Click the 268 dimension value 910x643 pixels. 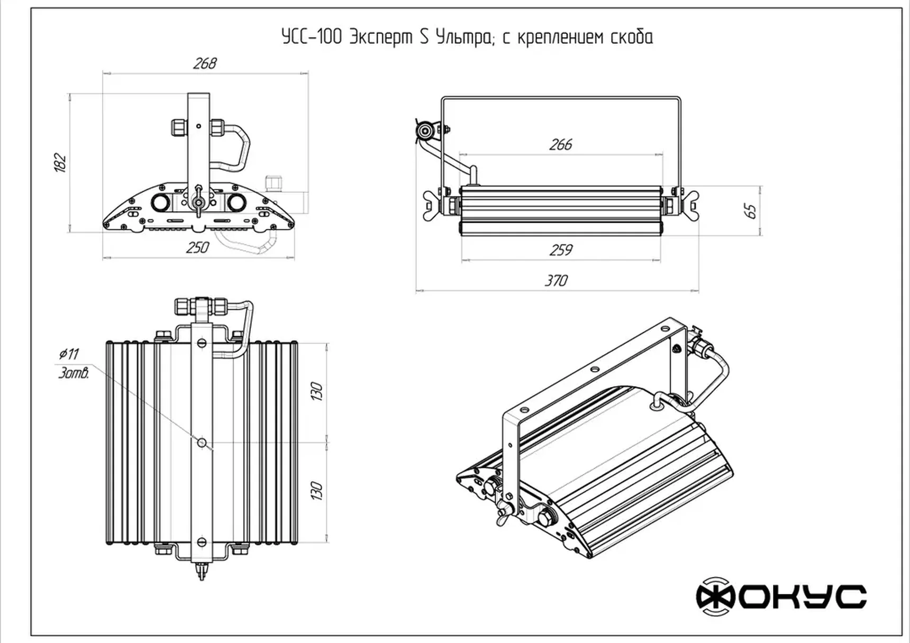(205, 63)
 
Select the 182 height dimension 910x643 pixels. (60, 162)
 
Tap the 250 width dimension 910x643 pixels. (197, 247)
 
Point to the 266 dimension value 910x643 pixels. (560, 144)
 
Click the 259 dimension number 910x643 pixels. (561, 250)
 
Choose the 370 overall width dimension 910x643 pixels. (556, 280)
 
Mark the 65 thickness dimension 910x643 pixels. (750, 211)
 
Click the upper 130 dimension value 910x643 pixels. (316, 391)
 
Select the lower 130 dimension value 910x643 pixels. (316, 491)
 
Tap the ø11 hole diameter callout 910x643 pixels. (69, 354)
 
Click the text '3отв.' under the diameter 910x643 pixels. (73, 373)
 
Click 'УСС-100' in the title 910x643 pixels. (312, 37)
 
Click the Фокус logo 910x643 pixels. (781, 596)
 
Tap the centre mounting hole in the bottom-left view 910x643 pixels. (202, 442)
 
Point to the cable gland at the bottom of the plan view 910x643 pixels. (201, 571)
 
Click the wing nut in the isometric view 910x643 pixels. (501, 512)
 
